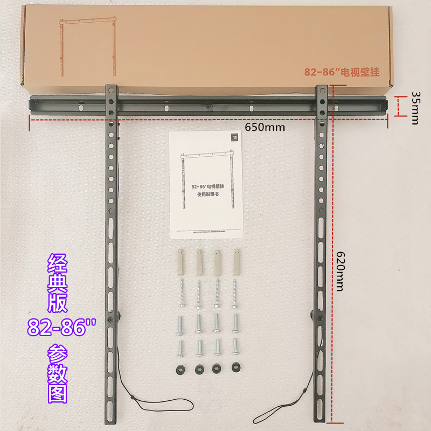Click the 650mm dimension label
coord(265,128)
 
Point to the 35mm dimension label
coord(415,107)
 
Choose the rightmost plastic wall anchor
coord(235,261)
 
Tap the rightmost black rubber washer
coord(235,368)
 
